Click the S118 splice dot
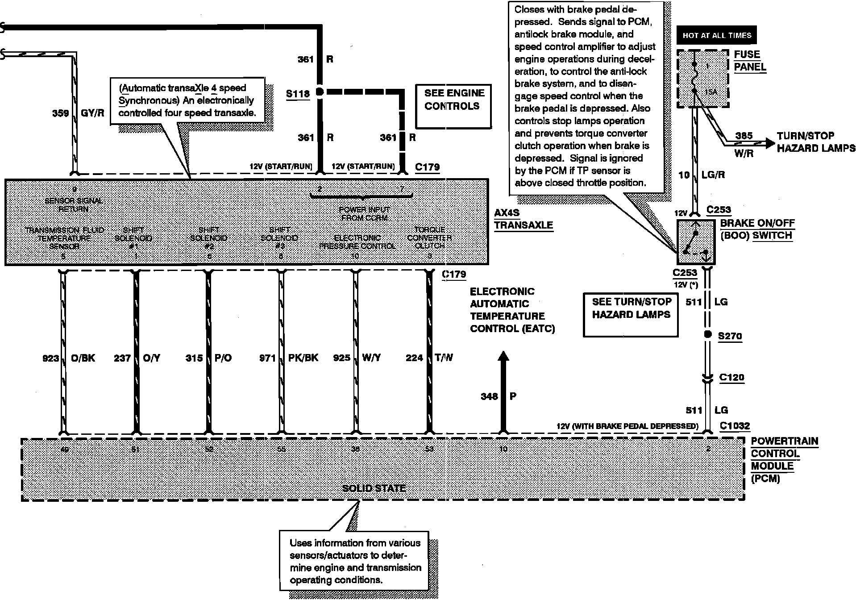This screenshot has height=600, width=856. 320,92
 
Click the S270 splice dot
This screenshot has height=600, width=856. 707,335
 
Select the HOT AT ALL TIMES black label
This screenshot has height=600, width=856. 717,35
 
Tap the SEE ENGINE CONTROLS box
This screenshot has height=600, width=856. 453,106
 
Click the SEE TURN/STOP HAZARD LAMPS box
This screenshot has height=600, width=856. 631,314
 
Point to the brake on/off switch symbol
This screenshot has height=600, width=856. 696,242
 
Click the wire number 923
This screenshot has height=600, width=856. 50,358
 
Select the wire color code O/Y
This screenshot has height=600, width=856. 152,358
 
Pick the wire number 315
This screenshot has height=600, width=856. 194,358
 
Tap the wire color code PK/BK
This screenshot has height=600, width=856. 303,358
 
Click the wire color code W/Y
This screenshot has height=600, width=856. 371,358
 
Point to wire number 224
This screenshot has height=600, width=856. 414,358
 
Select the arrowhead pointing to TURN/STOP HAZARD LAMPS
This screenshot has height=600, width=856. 769,143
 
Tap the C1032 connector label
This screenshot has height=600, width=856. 735,426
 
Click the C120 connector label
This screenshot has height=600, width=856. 731,378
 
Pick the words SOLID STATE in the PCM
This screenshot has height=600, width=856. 374,488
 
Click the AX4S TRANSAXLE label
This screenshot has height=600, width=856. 523,219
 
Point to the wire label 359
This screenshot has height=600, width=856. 60,113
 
